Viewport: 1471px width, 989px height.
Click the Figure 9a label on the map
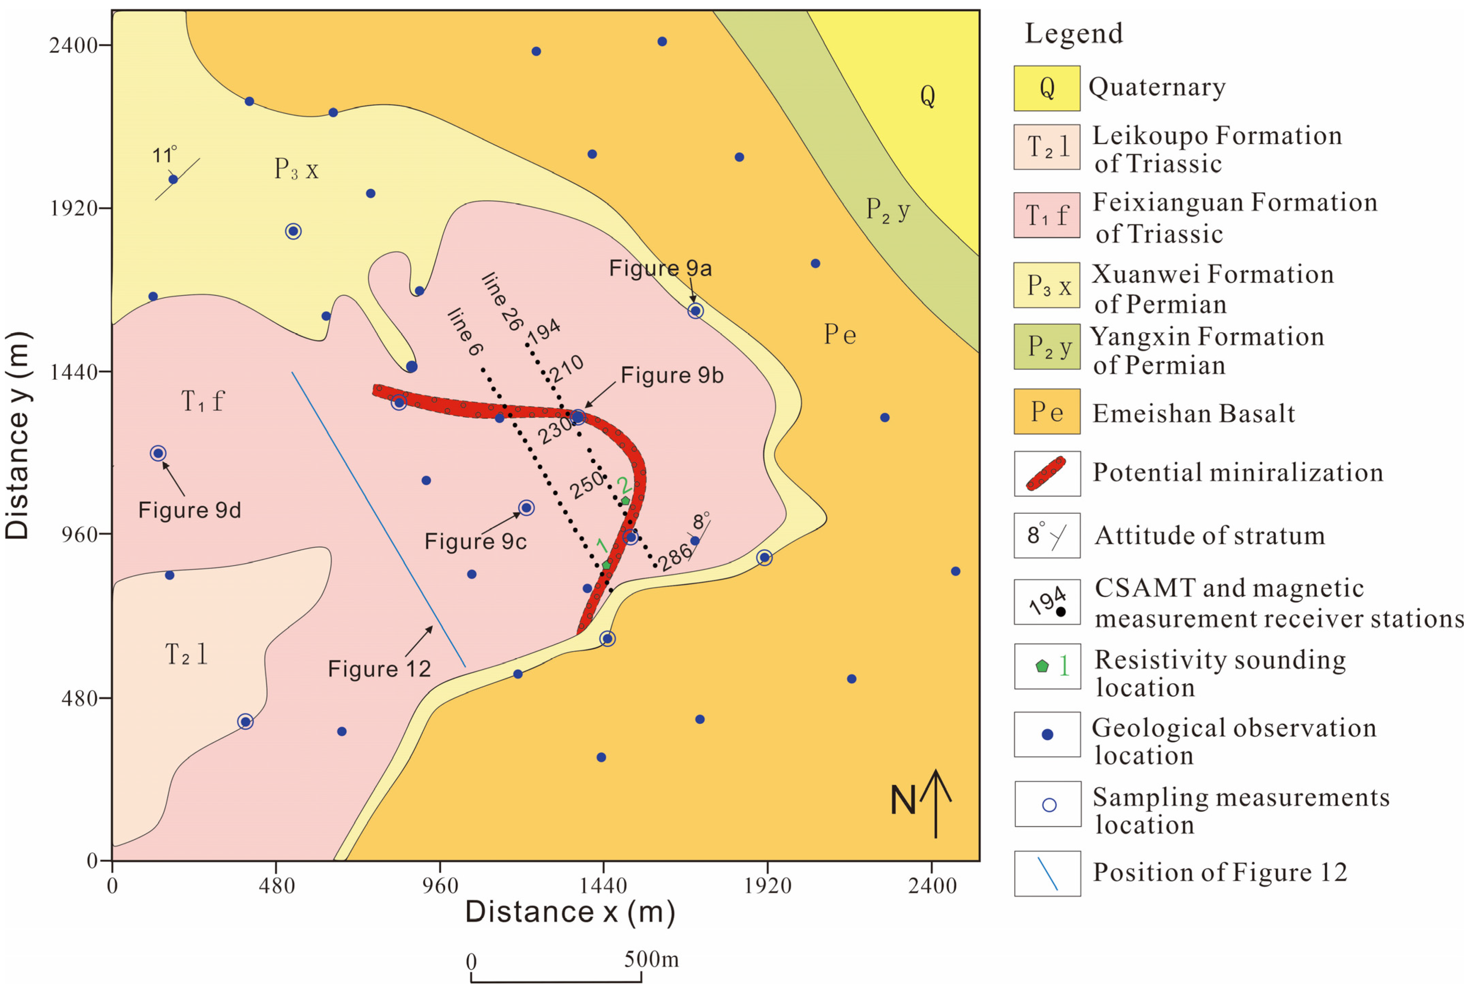point(660,268)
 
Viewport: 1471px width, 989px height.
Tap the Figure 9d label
point(189,510)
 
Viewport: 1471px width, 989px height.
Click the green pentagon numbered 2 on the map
point(625,501)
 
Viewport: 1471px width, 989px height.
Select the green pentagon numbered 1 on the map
point(606,565)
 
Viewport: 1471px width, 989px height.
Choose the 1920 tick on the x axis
point(767,886)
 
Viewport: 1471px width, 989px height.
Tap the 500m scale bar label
point(651,959)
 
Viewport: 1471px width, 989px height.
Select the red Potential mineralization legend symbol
point(1046,474)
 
